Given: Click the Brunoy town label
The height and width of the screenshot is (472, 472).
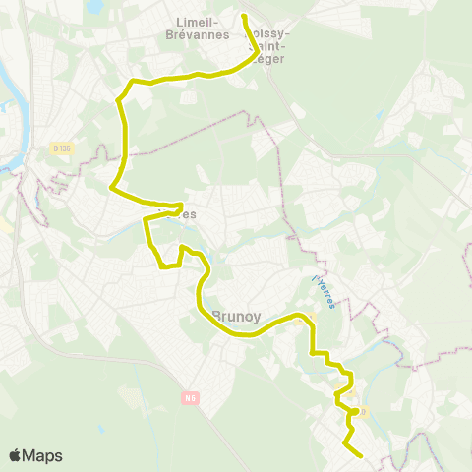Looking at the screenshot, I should [x=236, y=317].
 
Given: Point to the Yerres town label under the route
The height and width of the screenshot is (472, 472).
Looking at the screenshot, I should [x=178, y=212].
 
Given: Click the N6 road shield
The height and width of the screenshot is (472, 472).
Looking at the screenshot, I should [x=191, y=398].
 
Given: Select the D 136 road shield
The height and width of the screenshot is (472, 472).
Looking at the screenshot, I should [x=62, y=148].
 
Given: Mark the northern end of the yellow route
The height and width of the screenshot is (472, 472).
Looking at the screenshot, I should [x=244, y=16].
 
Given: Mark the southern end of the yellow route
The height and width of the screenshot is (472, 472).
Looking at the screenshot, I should [x=362, y=456].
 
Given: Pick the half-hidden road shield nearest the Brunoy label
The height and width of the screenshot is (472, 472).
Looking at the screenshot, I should [x=306, y=317].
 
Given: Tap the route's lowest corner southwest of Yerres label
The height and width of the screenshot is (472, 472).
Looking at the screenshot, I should [x=161, y=265].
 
